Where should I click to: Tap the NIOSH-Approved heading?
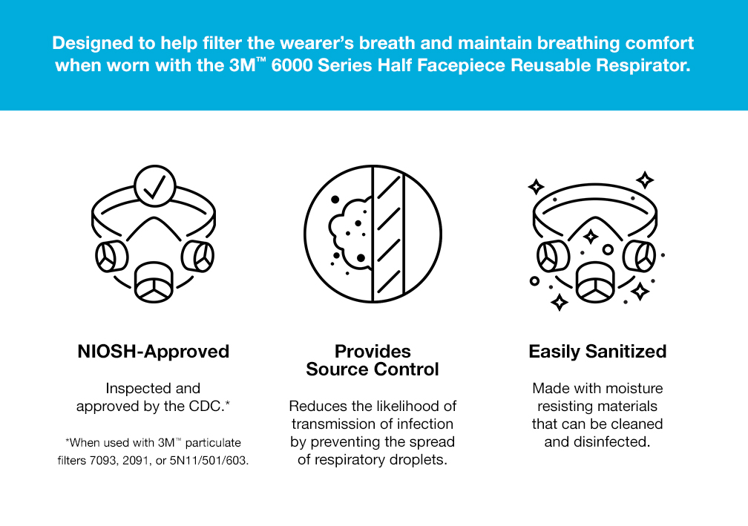[x=153, y=352]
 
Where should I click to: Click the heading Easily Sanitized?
[x=597, y=352]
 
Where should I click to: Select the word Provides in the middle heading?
[x=373, y=352]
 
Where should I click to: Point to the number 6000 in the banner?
[x=292, y=65]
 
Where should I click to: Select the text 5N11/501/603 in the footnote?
[x=209, y=461]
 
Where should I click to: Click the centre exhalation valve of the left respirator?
[x=154, y=283]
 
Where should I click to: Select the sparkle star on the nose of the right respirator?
[x=591, y=236]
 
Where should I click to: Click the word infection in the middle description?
[x=424, y=424]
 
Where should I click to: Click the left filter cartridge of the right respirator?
[x=554, y=257]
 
